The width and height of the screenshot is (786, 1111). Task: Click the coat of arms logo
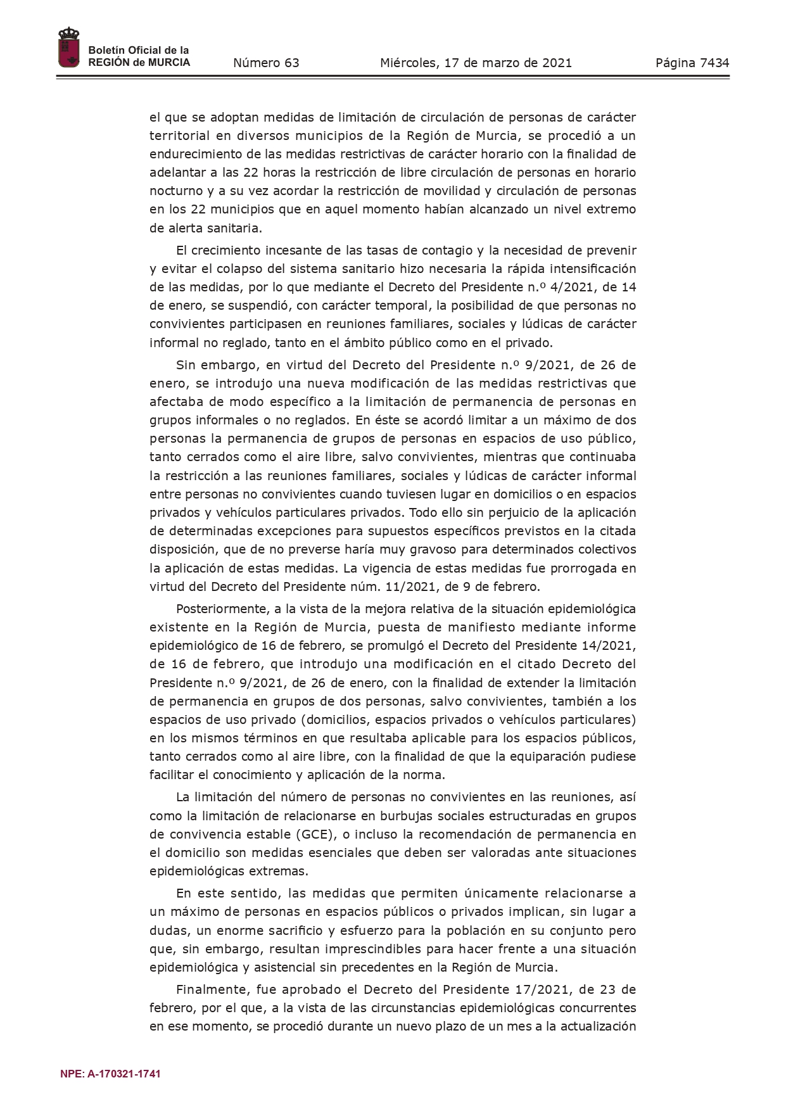coord(68,48)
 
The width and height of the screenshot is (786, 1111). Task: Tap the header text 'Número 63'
coord(266,63)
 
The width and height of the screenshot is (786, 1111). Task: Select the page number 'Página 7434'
coord(692,63)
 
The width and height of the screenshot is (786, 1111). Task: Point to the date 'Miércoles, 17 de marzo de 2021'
coord(476,63)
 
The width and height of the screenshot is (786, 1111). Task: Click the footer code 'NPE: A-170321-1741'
coord(110,1074)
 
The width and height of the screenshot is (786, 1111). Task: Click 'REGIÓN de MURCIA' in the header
coord(139,63)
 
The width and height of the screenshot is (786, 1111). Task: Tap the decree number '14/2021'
coord(608,645)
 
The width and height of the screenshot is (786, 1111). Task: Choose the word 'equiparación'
coord(544,756)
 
